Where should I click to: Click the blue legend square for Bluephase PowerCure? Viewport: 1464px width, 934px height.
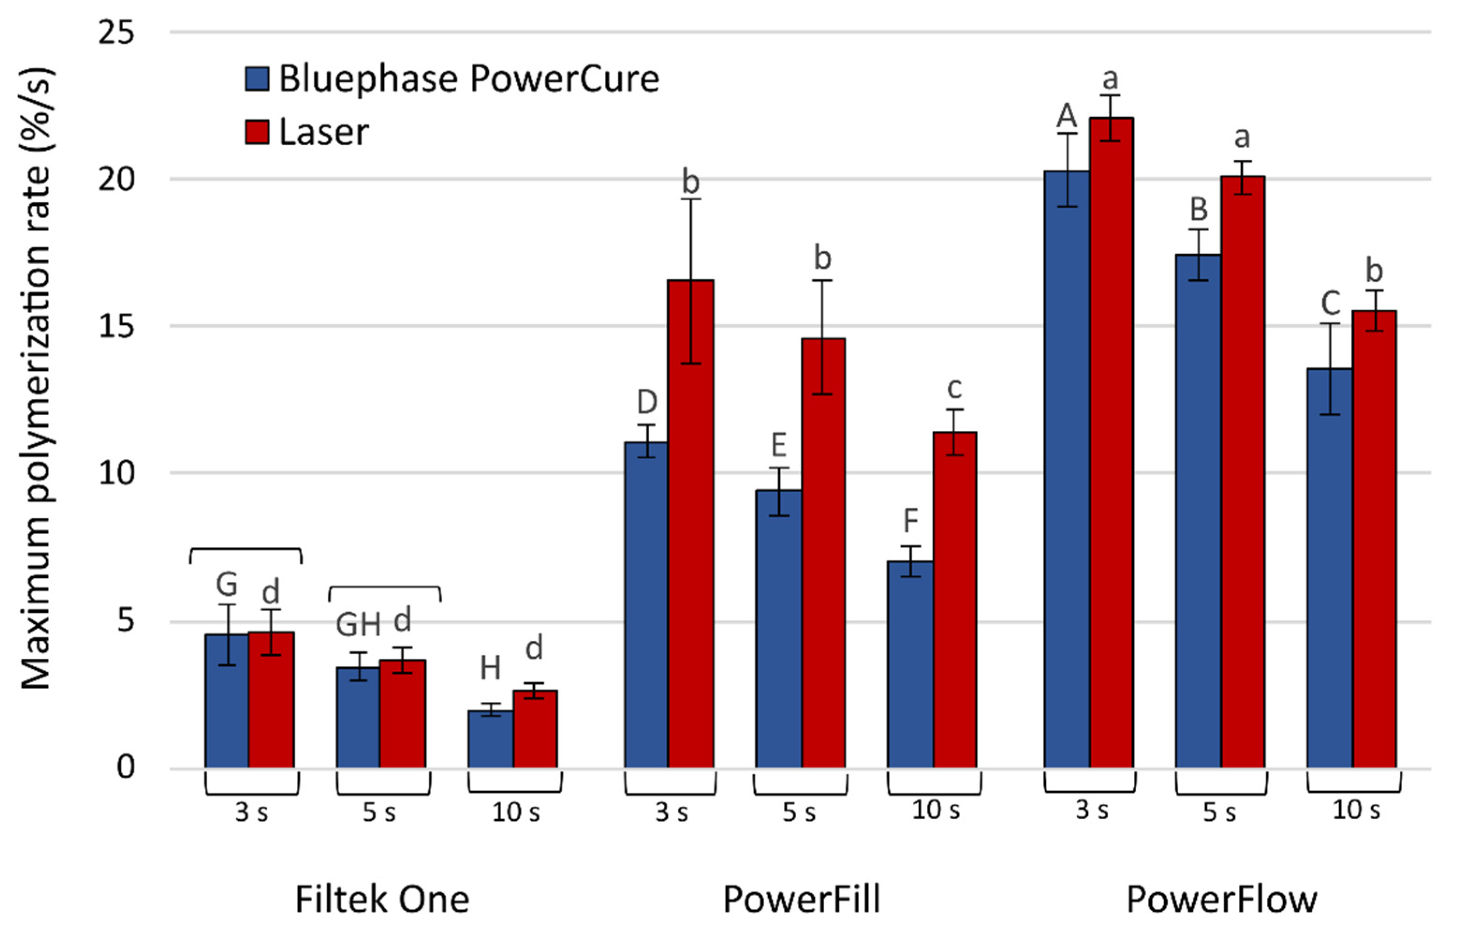pos(257,79)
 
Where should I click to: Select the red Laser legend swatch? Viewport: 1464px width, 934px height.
pos(257,132)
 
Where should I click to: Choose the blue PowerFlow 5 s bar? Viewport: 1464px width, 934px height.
pos(1198,511)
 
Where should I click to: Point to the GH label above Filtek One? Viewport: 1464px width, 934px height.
pos(358,625)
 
